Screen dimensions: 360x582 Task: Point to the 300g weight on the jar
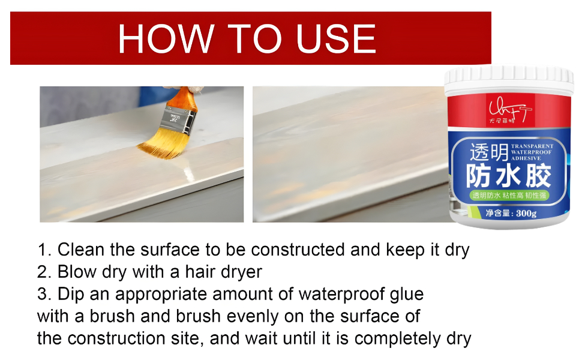524,212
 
